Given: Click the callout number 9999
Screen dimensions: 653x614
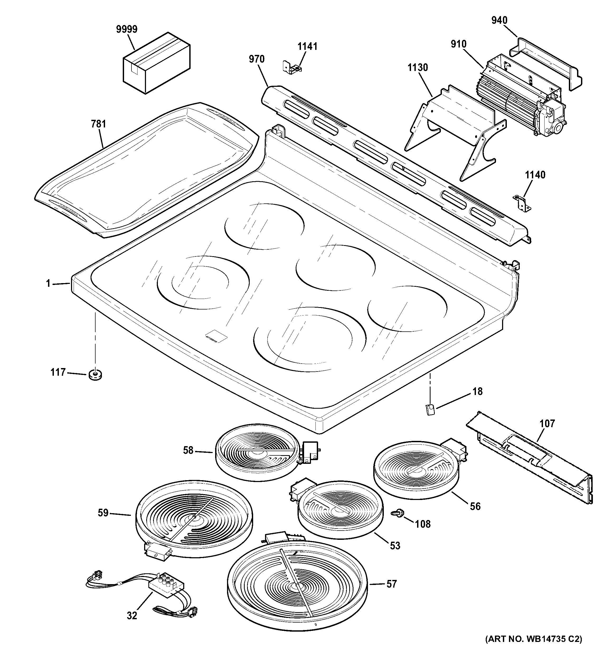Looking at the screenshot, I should point(126,30).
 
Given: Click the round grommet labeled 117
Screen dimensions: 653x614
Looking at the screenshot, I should point(95,374).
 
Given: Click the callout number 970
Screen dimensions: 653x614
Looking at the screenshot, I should point(256,59).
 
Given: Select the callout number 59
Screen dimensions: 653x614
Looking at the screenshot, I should point(103,513).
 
